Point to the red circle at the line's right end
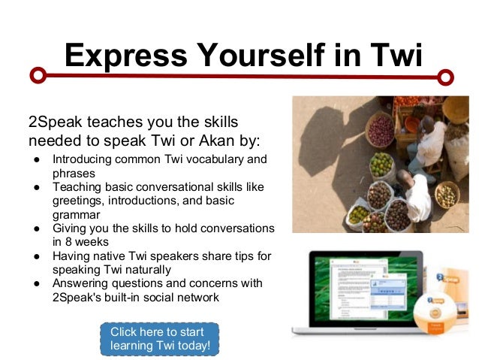446,76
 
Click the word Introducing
81,159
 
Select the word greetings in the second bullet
76,201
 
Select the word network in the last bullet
197,297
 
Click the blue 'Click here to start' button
159,339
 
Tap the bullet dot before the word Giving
35,228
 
